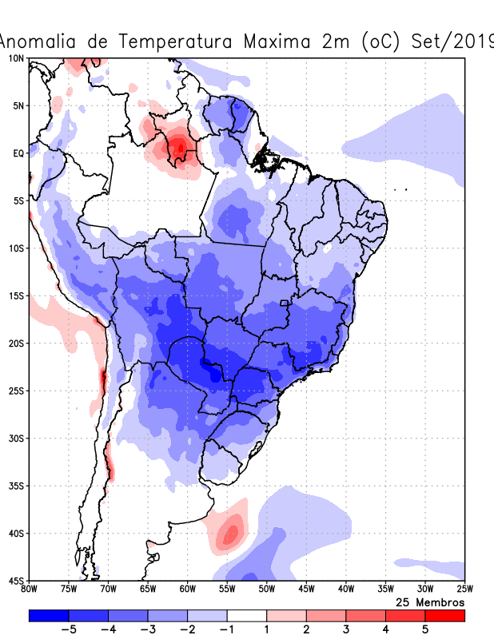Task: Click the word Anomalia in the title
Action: click(39, 42)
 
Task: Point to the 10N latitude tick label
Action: click(17, 58)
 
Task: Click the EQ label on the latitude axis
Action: click(18, 153)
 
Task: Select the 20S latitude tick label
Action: click(17, 343)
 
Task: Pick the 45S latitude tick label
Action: click(17, 580)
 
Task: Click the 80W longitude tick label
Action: click(30, 589)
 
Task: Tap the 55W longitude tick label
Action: click(227, 589)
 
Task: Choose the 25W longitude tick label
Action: click(464, 589)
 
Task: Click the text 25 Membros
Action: click(430, 601)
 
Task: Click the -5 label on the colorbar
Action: click(69, 629)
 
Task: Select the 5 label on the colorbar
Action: click(425, 629)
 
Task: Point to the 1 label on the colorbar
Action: click(267, 629)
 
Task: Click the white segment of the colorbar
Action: click(247, 616)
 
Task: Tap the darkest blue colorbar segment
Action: click(49, 616)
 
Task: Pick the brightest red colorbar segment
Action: click(445, 616)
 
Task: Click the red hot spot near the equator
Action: click(180, 147)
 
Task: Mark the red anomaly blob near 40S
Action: click(232, 530)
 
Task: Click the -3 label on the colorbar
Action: click(148, 629)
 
